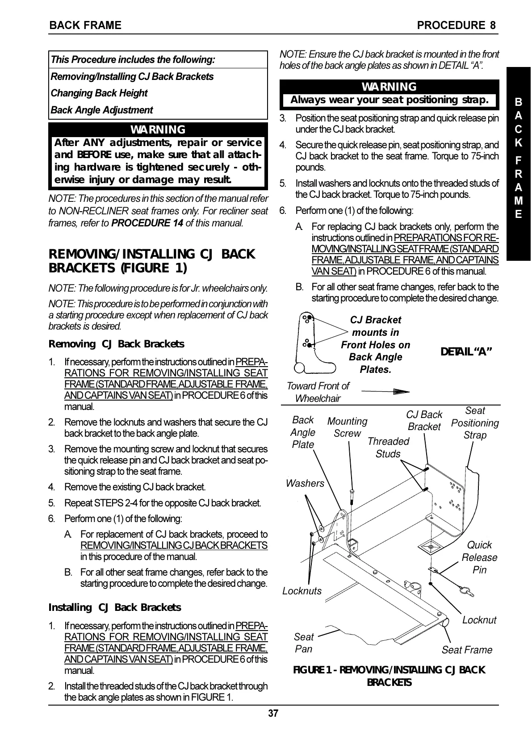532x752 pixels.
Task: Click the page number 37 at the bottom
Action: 273,713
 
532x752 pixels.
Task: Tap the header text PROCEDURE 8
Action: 456,25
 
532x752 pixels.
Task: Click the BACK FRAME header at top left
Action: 85,25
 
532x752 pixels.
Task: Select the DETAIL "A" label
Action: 466,351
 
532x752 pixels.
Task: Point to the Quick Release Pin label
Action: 479,557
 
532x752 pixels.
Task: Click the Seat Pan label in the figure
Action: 304,643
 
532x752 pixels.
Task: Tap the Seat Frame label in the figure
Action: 467,650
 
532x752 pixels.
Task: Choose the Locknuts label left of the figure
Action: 302,591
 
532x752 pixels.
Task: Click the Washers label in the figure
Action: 305,483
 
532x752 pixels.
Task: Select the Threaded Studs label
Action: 388,447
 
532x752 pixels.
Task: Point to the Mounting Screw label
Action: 347,427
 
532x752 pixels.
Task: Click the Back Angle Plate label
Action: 303,432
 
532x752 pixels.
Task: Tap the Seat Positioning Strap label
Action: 475,422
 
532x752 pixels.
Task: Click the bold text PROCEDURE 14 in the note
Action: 147,222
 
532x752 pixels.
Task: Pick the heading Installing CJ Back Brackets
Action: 115,607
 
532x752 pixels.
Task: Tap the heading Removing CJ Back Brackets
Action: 116,344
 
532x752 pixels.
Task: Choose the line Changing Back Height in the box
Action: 99,93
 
